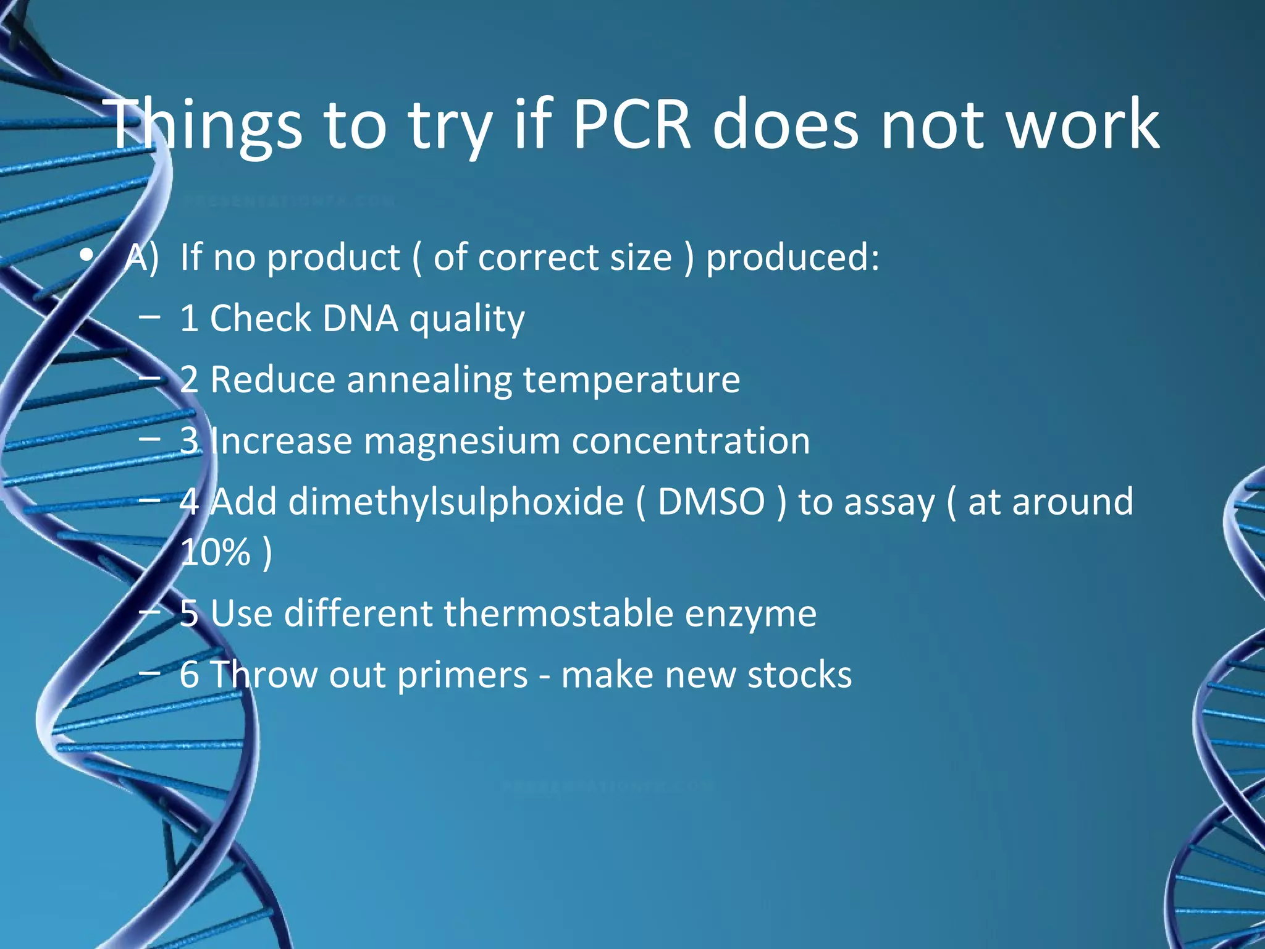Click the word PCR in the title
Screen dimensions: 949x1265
[x=631, y=125]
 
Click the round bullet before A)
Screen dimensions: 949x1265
[x=87, y=255]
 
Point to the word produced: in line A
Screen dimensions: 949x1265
[x=792, y=258]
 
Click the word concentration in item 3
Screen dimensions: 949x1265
[x=691, y=441]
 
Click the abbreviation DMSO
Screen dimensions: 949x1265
[x=712, y=502]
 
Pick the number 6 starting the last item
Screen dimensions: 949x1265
[x=189, y=674]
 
